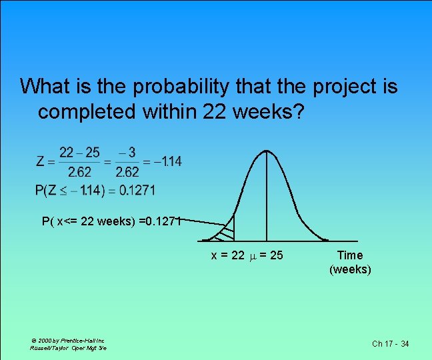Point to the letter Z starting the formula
(41, 161)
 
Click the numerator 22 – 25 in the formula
(80, 153)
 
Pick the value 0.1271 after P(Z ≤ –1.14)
(137, 191)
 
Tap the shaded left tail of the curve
(225, 231)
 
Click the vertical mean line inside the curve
(267, 200)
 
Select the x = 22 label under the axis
(227, 255)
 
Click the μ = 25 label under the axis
(267, 255)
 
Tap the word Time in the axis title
(350, 255)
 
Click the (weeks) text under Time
(350, 269)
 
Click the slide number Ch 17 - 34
(390, 344)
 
